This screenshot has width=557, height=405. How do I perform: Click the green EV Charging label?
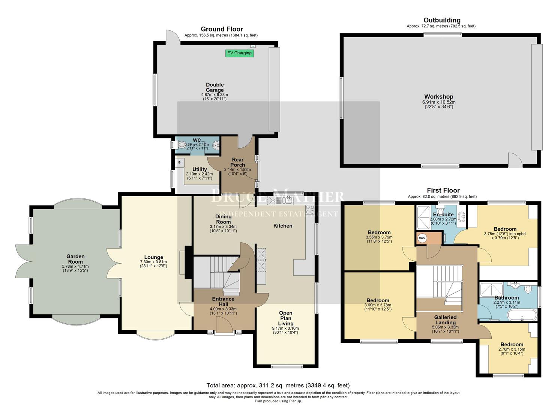239,53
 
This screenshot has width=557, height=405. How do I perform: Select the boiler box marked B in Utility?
180,163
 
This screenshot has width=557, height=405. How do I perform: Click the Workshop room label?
438,96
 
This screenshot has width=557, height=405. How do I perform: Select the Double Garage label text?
215,87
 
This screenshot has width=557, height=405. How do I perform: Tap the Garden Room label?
75,259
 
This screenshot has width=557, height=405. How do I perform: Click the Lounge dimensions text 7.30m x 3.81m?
153,262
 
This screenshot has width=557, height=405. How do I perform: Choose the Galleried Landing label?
445,320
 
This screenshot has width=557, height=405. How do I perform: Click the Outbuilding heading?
442,20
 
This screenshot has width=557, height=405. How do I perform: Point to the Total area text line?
278,385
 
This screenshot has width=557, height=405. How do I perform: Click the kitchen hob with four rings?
310,209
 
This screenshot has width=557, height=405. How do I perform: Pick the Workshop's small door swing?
515,160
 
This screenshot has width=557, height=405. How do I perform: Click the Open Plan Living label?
286,318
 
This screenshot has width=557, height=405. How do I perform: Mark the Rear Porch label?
237,162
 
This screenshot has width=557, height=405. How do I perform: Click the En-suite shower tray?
423,217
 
